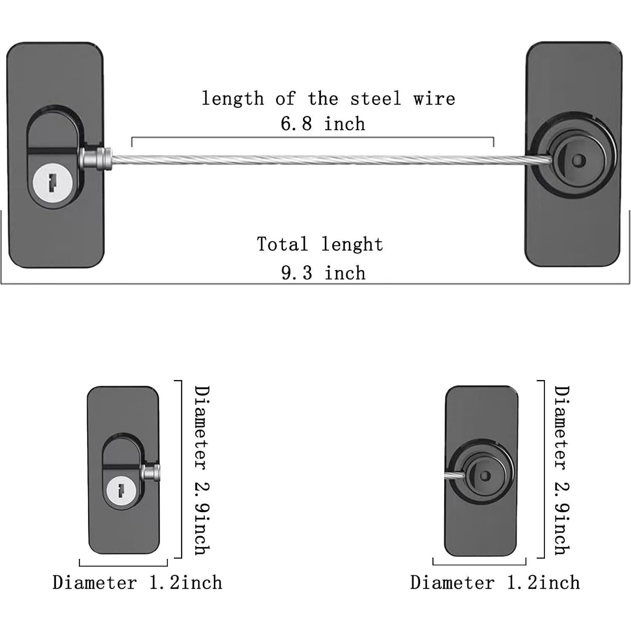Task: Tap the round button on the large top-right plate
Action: [x=579, y=160]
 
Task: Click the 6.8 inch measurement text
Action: [x=323, y=124]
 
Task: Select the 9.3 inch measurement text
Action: [x=323, y=273]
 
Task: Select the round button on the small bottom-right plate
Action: [x=485, y=475]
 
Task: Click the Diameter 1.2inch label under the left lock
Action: [x=137, y=583]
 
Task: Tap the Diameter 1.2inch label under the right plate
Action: [x=495, y=583]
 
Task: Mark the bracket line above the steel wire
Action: [x=312, y=138]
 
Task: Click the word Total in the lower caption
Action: [x=283, y=245]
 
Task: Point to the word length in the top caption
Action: [x=232, y=99]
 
